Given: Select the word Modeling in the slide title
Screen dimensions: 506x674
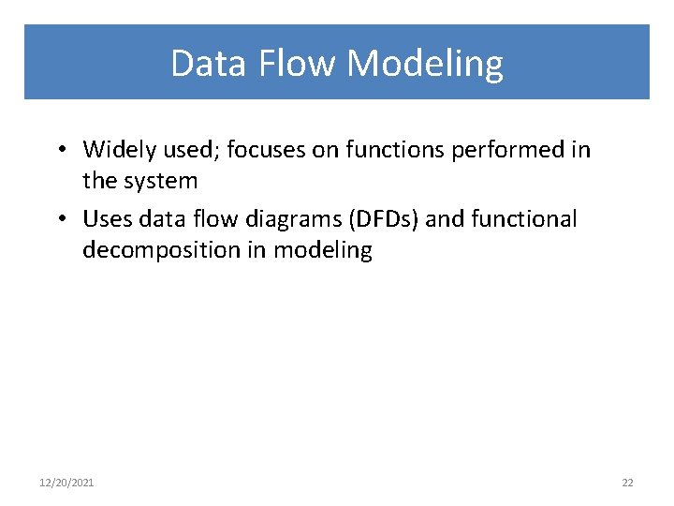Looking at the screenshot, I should coord(425,64).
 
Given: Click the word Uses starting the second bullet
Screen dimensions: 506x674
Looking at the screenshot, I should coord(107,219).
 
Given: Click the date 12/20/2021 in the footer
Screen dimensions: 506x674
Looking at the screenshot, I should coord(66,483).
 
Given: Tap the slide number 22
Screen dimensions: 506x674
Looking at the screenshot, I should coord(627,483).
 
